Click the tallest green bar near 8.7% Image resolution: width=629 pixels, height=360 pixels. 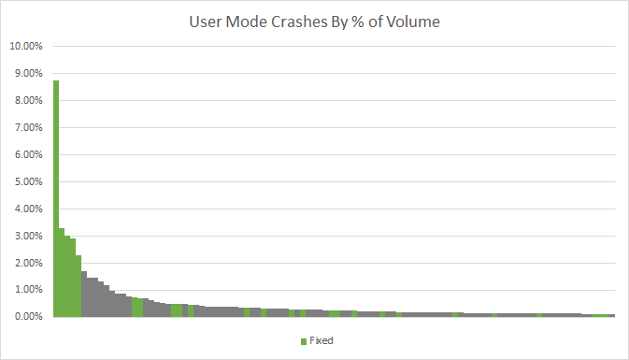56,198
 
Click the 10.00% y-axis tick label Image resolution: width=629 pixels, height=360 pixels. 26,46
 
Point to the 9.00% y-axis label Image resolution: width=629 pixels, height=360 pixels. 28,74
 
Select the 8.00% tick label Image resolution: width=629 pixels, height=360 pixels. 28,100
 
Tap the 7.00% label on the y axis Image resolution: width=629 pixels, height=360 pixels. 28,127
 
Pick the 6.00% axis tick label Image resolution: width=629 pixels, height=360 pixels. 28,154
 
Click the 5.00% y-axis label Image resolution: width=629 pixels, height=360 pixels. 28,181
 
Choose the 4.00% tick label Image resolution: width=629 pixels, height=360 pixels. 28,209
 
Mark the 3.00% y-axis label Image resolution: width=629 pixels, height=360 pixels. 28,236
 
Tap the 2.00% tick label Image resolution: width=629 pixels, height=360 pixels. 28,264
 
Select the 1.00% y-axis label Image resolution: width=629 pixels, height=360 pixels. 28,290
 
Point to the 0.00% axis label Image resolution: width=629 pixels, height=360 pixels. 28,317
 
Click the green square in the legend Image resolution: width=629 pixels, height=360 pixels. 304,341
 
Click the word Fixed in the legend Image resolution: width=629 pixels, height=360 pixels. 322,340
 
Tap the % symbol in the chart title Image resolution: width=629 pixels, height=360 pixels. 358,22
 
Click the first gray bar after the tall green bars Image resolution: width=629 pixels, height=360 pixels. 84,295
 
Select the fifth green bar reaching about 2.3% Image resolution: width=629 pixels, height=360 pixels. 79,286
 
